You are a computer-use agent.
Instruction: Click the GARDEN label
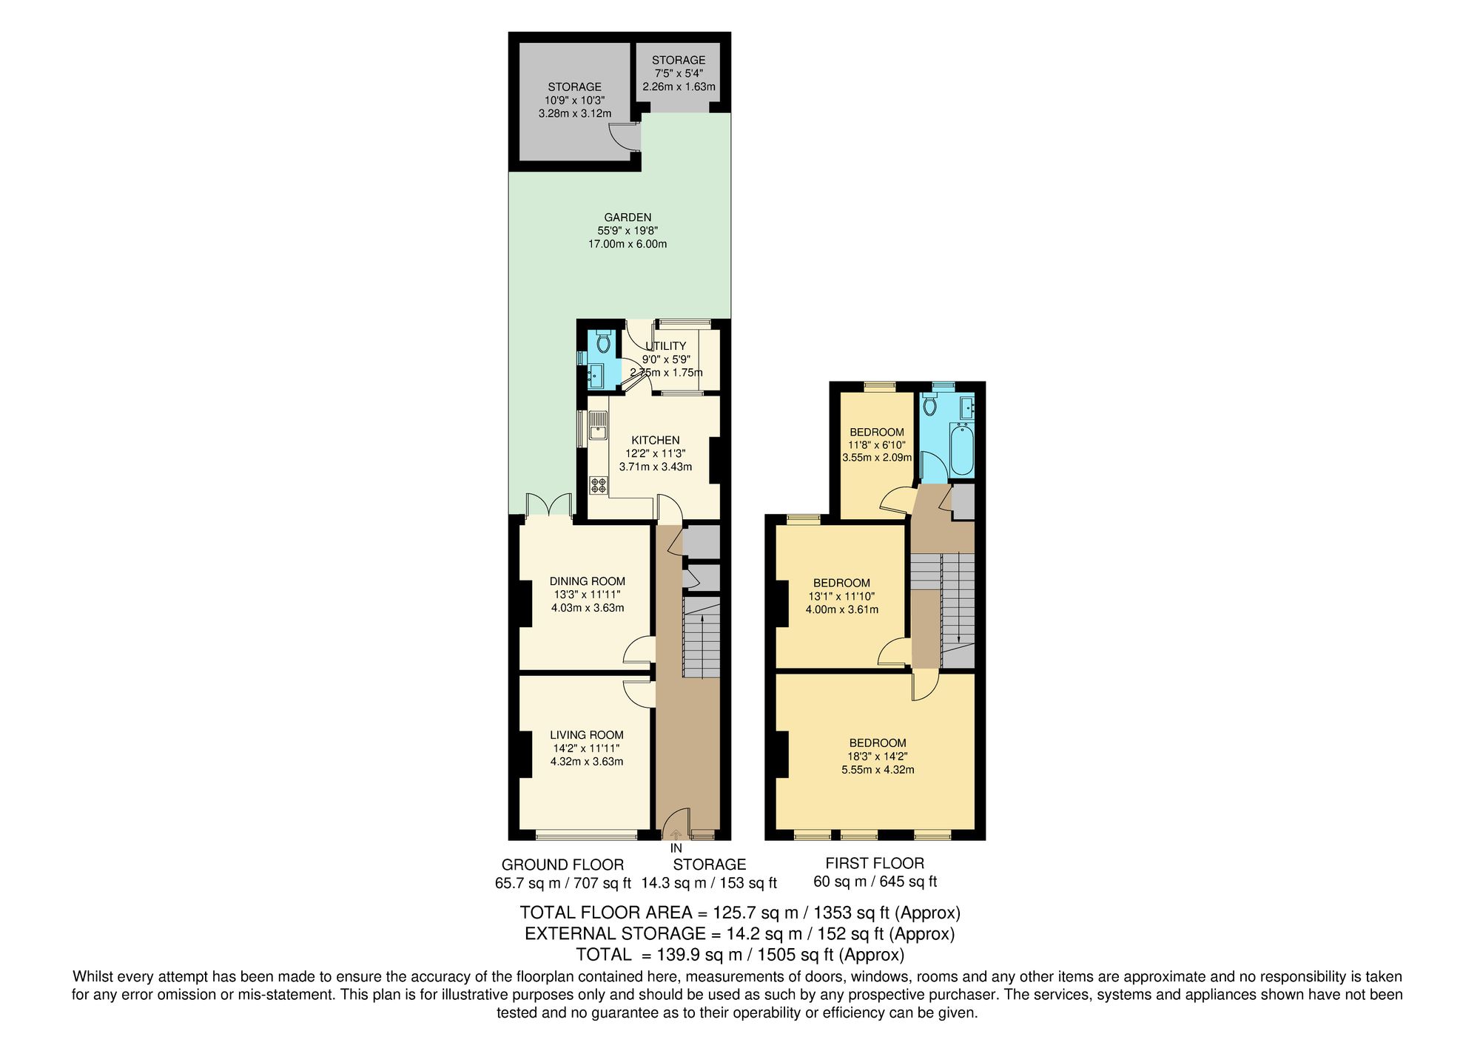pyautogui.click(x=628, y=217)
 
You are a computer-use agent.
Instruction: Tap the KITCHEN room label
pyautogui.click(x=655, y=440)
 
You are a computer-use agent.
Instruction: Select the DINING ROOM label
pyautogui.click(x=587, y=581)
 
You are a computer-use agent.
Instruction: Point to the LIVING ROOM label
pyautogui.click(x=586, y=735)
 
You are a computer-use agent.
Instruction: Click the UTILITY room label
pyautogui.click(x=666, y=346)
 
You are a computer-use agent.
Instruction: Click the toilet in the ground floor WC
pyautogui.click(x=602, y=342)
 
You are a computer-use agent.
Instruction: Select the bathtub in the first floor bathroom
pyautogui.click(x=962, y=450)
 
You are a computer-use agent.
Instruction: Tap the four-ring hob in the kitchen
pyautogui.click(x=598, y=486)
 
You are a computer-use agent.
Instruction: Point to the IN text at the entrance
pyautogui.click(x=676, y=849)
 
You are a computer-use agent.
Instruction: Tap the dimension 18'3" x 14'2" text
pyautogui.click(x=878, y=757)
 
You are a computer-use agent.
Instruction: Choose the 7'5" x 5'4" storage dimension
pyautogui.click(x=679, y=73)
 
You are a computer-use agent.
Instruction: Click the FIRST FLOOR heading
pyautogui.click(x=875, y=863)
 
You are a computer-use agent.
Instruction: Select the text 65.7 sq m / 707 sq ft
pyautogui.click(x=562, y=882)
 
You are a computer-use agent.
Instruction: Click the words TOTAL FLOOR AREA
pyautogui.click(x=606, y=913)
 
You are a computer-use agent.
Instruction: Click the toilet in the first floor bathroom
pyautogui.click(x=931, y=405)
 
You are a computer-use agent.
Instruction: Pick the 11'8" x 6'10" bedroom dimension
pyautogui.click(x=877, y=445)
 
